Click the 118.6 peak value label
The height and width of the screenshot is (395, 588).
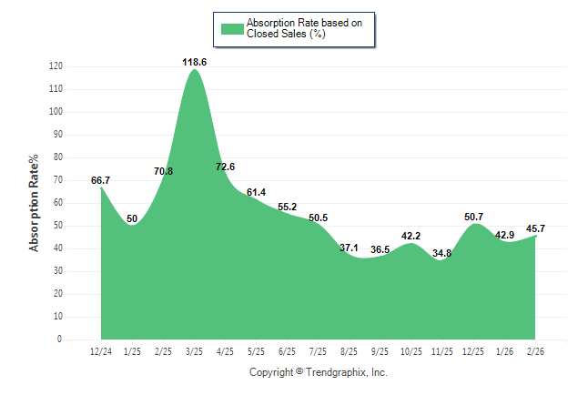pyautogui.click(x=194, y=62)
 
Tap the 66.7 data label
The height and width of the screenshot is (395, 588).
pyautogui.click(x=100, y=180)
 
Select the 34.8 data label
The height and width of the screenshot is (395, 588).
pyautogui.click(x=442, y=253)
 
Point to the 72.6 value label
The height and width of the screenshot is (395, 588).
pyautogui.click(x=226, y=167)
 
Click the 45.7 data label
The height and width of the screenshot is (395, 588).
pyautogui.click(x=535, y=228)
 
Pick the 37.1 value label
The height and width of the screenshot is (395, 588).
pyautogui.click(x=349, y=248)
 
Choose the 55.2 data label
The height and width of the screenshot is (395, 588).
pyautogui.click(x=287, y=207)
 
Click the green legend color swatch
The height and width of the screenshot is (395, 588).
pyautogui.click(x=232, y=28)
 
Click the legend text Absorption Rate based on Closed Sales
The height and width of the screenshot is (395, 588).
pyautogui.click(x=298, y=28)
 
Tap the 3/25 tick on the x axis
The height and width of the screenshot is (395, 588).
pyautogui.click(x=194, y=351)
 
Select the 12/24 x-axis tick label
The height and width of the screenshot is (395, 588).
pyautogui.click(x=100, y=351)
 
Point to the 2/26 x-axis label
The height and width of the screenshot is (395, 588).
pyautogui.click(x=535, y=351)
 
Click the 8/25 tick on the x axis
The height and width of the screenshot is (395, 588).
pyautogui.click(x=349, y=351)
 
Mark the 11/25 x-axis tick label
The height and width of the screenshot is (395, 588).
pyautogui.click(x=442, y=351)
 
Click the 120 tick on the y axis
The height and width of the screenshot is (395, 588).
pyautogui.click(x=56, y=66)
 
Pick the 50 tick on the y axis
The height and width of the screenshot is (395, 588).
pyautogui.click(x=58, y=226)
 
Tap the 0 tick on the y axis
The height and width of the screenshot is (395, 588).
pyautogui.click(x=60, y=339)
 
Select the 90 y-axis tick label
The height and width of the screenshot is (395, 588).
pyautogui.click(x=58, y=135)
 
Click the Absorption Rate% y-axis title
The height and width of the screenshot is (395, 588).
pyautogui.click(x=35, y=203)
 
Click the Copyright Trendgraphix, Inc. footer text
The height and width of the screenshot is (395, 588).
pyautogui.click(x=319, y=372)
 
